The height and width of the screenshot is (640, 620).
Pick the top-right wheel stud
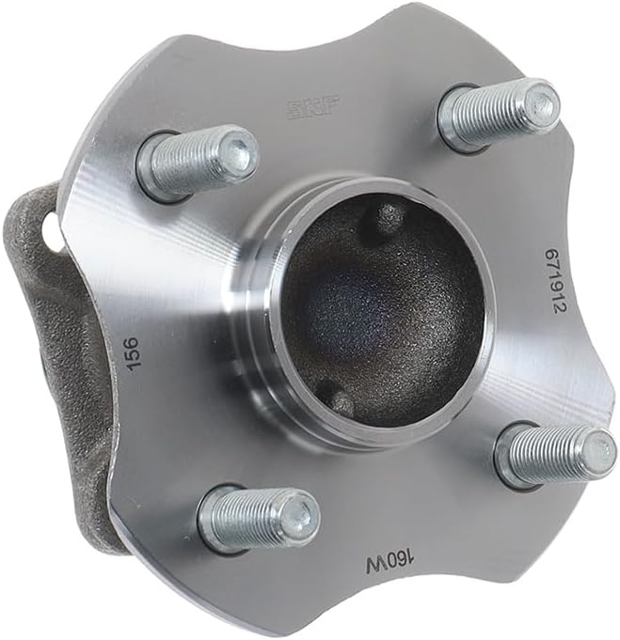499,112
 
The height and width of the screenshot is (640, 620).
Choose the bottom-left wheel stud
259,518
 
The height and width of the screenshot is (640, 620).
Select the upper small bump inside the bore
388,218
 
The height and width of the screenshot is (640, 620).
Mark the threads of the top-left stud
188,166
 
